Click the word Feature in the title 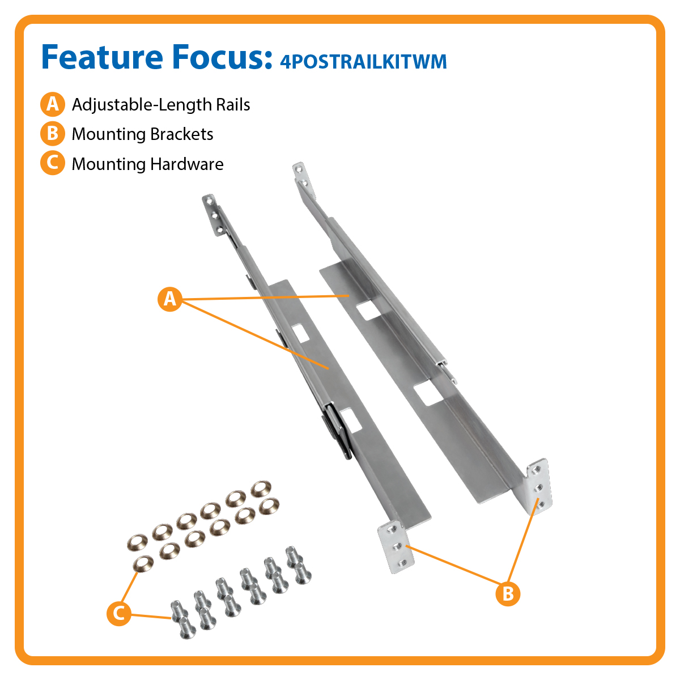click(102, 57)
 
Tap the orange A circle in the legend click(53, 104)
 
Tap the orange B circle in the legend click(53, 134)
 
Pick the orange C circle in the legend click(53, 163)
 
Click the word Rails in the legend click(233, 105)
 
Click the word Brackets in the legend click(182, 134)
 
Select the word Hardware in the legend click(187, 164)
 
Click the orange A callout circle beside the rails click(170, 299)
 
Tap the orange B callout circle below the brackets click(508, 593)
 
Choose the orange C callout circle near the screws click(119, 614)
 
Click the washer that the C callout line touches click(143, 564)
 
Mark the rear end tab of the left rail click(214, 215)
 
